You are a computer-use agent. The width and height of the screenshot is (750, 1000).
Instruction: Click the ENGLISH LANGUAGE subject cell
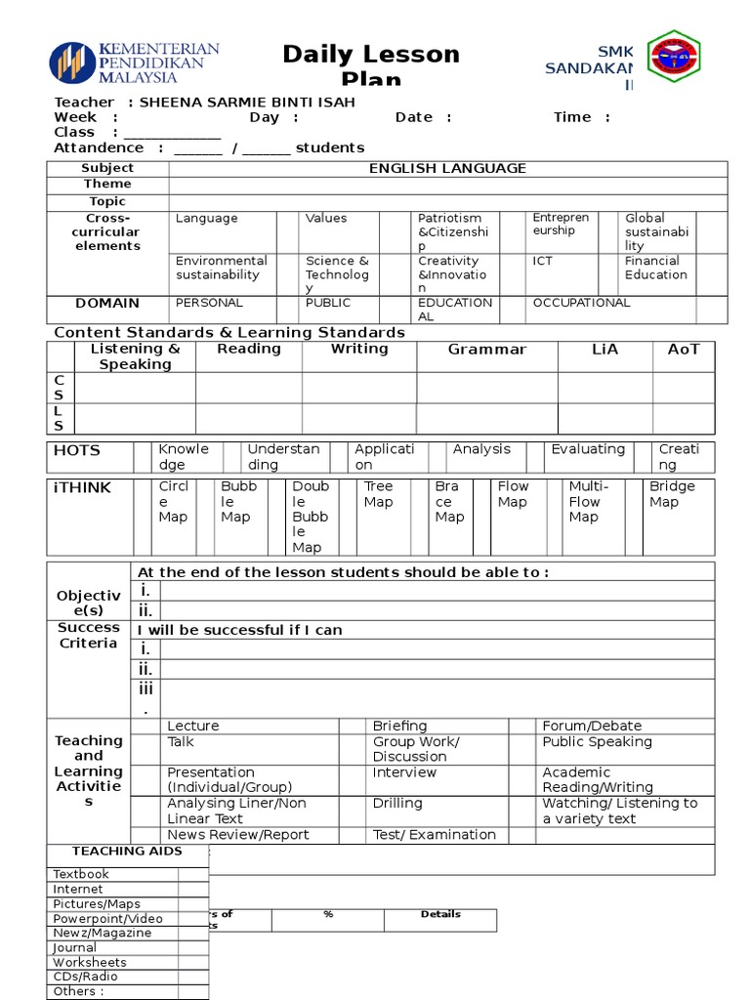[447, 168]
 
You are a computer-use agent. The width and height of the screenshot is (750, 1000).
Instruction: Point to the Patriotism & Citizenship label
[449, 232]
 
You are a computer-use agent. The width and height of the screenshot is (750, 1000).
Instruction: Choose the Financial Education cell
[655, 268]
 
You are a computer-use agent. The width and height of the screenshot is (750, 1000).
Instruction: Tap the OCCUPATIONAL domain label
[581, 303]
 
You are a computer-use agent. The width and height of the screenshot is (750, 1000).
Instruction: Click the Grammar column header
[486, 350]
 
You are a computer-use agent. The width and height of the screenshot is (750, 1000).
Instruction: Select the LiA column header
[605, 350]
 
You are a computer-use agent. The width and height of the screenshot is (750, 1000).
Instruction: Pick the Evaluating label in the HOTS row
[588, 449]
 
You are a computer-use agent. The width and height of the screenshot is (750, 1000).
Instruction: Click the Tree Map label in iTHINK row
[378, 494]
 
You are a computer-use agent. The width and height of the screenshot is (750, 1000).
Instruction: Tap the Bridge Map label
[672, 494]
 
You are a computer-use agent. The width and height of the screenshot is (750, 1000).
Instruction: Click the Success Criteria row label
[88, 636]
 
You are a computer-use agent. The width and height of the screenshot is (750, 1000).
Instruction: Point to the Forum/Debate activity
[592, 726]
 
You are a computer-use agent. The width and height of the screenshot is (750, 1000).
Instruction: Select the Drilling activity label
[397, 803]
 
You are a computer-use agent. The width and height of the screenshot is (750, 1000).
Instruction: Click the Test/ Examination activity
[434, 835]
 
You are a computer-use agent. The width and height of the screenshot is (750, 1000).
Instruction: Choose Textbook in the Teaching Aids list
[81, 874]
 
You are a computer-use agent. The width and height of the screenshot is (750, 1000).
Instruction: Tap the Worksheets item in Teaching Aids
[90, 962]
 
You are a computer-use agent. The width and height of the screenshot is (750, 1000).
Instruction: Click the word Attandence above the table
[99, 147]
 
